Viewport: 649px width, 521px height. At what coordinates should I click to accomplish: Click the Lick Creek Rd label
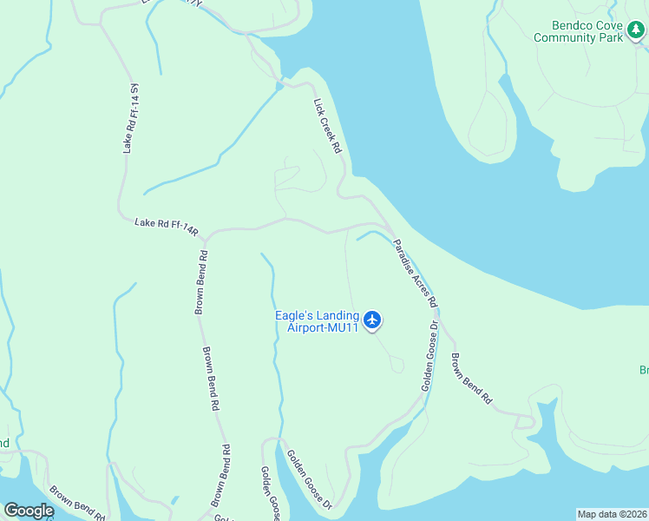tap(327, 126)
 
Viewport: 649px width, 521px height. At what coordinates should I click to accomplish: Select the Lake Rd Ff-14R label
tap(167, 227)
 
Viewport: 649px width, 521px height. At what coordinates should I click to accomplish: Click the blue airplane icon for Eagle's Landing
tap(373, 320)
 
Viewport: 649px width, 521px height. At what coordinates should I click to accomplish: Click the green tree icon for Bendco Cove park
tap(636, 31)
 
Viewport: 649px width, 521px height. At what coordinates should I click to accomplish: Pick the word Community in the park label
tap(566, 38)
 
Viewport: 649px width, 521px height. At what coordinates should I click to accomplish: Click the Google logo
tap(29, 510)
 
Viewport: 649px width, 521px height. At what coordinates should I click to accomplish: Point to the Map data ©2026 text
tap(612, 514)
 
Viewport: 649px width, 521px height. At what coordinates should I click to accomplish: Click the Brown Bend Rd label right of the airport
tap(471, 379)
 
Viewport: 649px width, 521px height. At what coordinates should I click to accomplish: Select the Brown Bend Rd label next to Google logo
tap(77, 503)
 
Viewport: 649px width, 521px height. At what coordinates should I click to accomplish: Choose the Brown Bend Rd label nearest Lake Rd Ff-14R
tap(200, 283)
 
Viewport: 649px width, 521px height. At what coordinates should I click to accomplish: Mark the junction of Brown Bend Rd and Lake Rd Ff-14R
tap(206, 235)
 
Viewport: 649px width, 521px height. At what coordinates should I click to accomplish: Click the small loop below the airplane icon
tap(397, 365)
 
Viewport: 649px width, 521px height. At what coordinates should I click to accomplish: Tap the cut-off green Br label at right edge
tap(644, 371)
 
